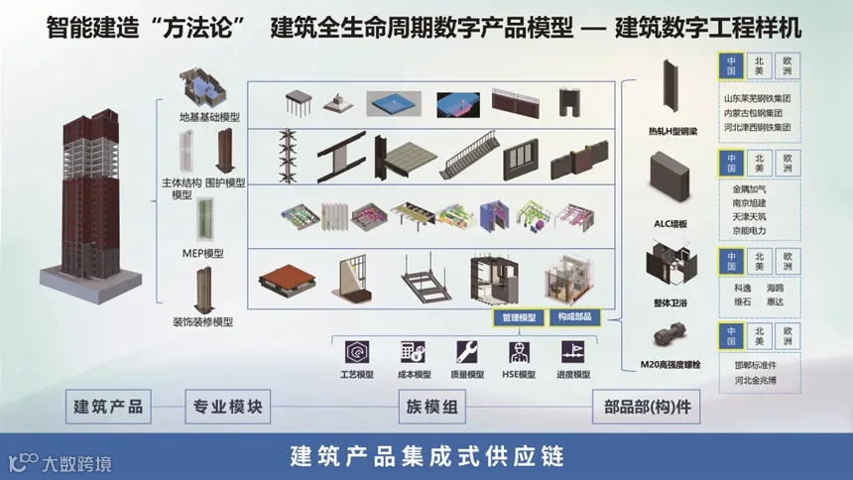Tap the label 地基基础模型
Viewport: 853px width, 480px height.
(x=209, y=117)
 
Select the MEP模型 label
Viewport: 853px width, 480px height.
(x=204, y=253)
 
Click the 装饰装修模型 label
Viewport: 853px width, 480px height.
(x=202, y=322)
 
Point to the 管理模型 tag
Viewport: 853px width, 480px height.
(x=519, y=317)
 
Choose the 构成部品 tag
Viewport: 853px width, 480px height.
(x=574, y=317)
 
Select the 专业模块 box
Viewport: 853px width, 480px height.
(x=227, y=407)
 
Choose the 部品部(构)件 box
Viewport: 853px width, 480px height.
(x=647, y=407)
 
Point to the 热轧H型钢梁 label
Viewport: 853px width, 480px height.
(x=673, y=130)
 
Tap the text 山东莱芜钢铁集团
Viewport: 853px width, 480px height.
(x=757, y=98)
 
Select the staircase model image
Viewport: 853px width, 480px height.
(x=467, y=157)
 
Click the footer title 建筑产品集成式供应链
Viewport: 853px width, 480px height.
(x=426, y=457)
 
